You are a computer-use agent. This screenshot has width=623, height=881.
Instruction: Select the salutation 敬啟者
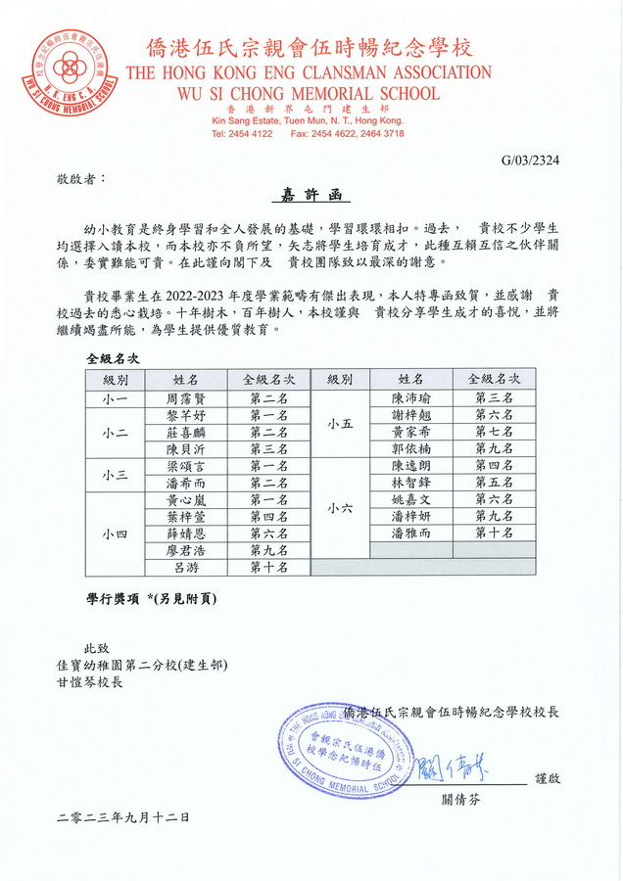click(x=78, y=179)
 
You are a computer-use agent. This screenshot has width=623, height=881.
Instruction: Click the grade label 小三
click(x=116, y=474)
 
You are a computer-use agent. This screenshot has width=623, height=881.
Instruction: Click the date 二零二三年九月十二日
click(x=123, y=815)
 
